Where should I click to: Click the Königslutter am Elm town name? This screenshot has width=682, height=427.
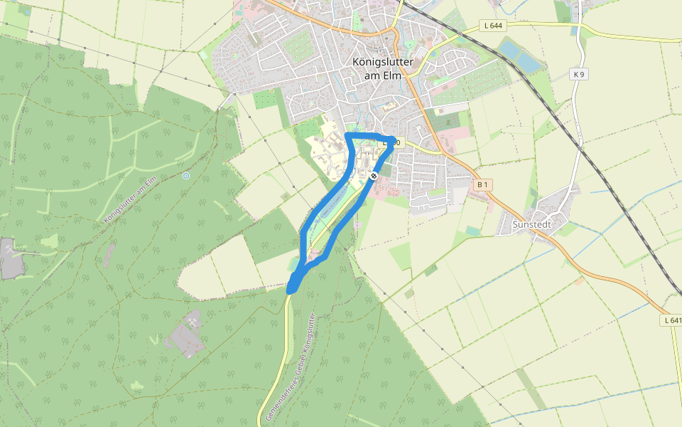(382, 69)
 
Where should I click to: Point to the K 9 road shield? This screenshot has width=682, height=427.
(579, 74)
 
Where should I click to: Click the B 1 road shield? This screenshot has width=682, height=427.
(482, 185)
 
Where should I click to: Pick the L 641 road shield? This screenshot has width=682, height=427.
(672, 320)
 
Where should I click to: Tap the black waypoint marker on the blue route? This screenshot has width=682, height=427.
(374, 176)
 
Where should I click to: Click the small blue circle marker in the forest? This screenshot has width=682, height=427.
(186, 175)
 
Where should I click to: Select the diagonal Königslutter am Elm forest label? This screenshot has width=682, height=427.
(129, 200)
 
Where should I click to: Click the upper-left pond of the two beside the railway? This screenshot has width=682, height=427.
(511, 48)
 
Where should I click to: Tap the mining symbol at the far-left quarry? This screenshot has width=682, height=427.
(9, 248)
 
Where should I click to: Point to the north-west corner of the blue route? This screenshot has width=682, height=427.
(347, 135)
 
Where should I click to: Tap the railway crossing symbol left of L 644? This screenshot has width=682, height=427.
(460, 32)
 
